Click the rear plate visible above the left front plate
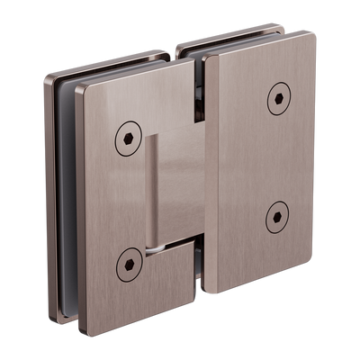[117, 62]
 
